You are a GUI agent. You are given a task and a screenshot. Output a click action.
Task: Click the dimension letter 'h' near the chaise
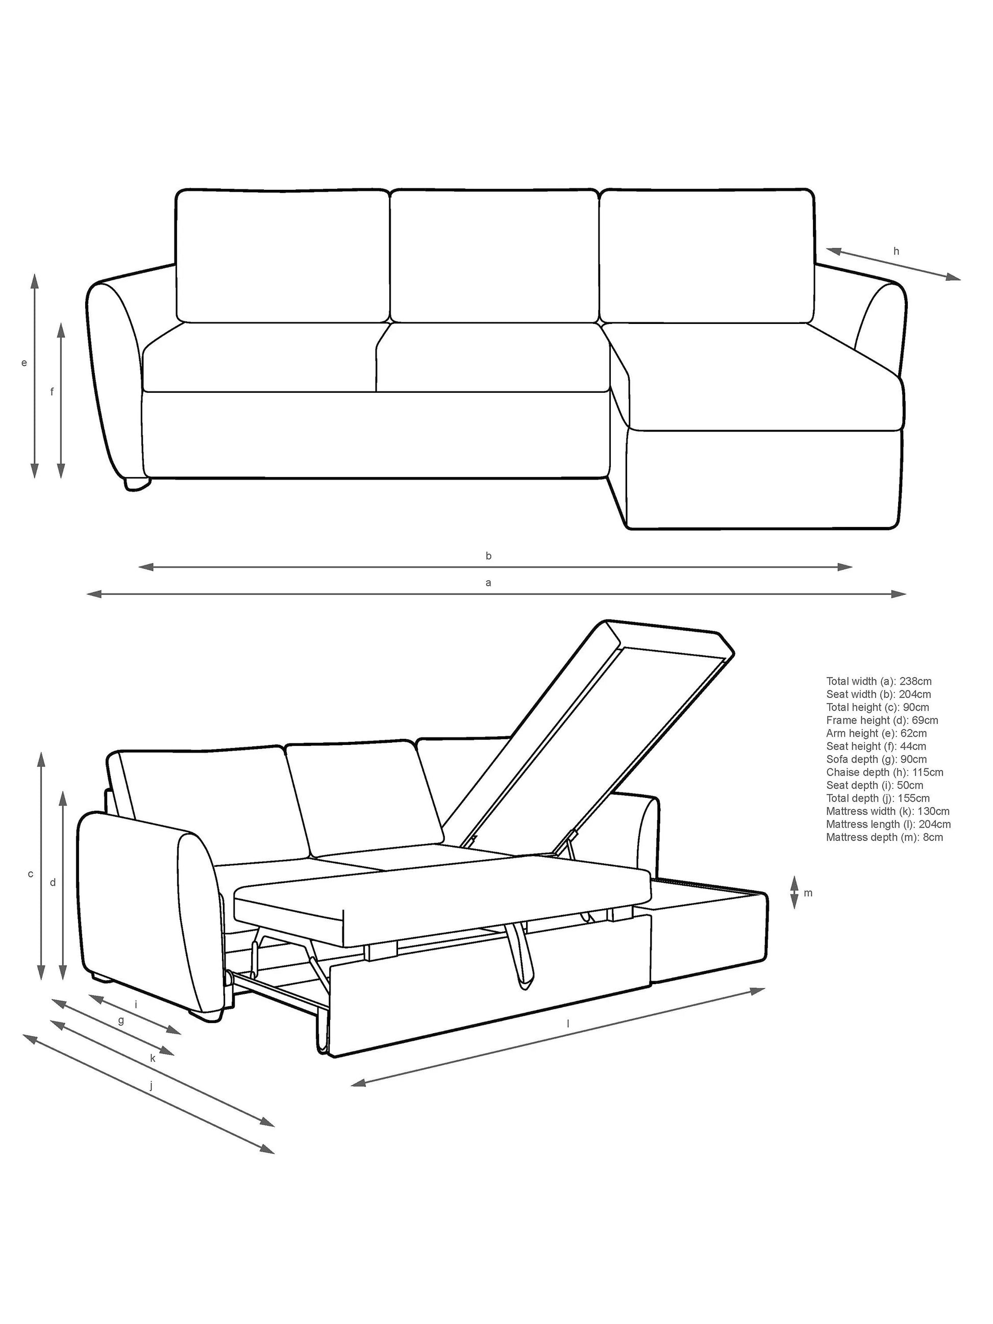pyautogui.click(x=896, y=252)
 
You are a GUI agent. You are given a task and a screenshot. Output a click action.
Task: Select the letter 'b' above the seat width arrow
pyautogui.click(x=488, y=556)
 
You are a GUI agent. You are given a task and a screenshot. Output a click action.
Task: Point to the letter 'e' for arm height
pyautogui.click(x=24, y=363)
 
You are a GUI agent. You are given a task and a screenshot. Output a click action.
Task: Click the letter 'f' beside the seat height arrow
pyautogui.click(x=52, y=392)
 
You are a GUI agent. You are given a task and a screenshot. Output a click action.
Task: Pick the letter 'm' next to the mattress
pyautogui.click(x=808, y=893)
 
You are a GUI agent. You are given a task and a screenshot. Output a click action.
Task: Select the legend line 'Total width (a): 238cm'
pyautogui.click(x=879, y=681)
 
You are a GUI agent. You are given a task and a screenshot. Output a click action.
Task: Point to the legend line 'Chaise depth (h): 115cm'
pyautogui.click(x=885, y=772)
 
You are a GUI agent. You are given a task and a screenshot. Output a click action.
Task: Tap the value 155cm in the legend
pyautogui.click(x=913, y=798)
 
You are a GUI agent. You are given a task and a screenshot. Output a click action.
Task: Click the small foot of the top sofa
pyautogui.click(x=137, y=483)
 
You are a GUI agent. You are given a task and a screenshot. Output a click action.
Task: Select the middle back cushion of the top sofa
pyautogui.click(x=494, y=256)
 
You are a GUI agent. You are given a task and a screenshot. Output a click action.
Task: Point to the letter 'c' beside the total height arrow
pyautogui.click(x=31, y=875)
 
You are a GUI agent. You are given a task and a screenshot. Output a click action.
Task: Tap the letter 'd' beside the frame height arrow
pyautogui.click(x=53, y=882)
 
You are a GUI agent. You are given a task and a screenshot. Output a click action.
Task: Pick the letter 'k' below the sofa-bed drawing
pyautogui.click(x=153, y=1058)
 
